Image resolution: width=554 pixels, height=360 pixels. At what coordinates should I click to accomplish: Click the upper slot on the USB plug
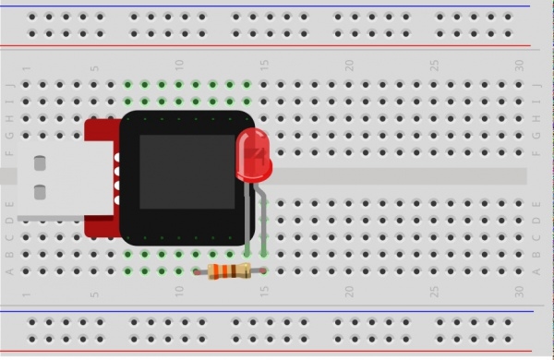point(40,163)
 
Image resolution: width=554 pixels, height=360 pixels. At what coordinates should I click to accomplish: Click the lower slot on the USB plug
point(40,193)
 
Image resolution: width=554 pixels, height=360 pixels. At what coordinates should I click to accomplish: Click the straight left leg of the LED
point(247,217)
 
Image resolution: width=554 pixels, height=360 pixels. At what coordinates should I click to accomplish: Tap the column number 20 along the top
point(349,66)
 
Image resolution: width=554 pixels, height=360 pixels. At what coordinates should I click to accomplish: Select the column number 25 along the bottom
point(434,292)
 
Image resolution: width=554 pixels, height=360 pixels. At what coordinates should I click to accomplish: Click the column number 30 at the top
point(519,66)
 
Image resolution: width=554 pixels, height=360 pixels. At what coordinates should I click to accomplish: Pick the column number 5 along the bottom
point(94,293)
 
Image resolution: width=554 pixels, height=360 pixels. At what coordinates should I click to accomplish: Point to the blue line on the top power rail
point(277,6)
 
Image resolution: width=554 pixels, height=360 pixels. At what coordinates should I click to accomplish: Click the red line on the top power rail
point(277,46)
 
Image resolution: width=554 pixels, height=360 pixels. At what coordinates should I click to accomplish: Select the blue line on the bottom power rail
point(277,311)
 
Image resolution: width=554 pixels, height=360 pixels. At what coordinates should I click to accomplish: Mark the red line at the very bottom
point(277,352)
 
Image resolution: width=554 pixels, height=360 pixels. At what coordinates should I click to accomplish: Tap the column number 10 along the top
point(180,66)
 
